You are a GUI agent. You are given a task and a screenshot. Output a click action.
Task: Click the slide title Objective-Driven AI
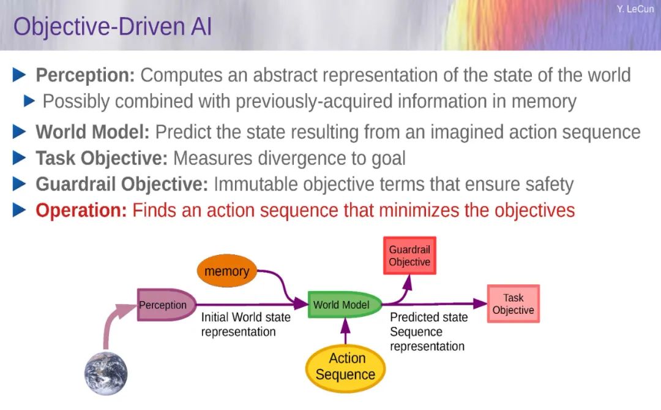[x=112, y=26]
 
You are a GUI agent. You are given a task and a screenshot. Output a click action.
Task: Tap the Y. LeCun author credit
[x=635, y=9]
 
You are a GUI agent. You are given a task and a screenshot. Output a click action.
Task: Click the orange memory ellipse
[x=227, y=271]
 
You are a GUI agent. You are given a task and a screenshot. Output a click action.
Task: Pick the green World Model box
[x=345, y=305]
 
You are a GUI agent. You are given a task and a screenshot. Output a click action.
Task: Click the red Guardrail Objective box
[x=409, y=256]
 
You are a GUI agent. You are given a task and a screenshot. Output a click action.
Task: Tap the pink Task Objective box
[x=513, y=304]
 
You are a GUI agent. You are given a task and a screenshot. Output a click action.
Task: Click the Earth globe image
[x=106, y=373]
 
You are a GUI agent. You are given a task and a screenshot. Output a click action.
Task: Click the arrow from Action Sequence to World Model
[x=345, y=331]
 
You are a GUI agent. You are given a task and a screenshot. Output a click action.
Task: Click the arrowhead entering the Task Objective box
[x=480, y=303]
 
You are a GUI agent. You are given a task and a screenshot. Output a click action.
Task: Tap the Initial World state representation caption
[x=246, y=324]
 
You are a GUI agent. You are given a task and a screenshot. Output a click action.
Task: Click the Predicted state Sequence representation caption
[x=428, y=332]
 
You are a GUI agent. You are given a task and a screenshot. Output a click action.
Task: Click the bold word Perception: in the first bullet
[x=85, y=75]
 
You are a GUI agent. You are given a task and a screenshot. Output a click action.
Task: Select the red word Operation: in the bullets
[x=81, y=210]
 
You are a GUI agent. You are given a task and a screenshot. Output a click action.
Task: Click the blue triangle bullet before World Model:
[x=20, y=132]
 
